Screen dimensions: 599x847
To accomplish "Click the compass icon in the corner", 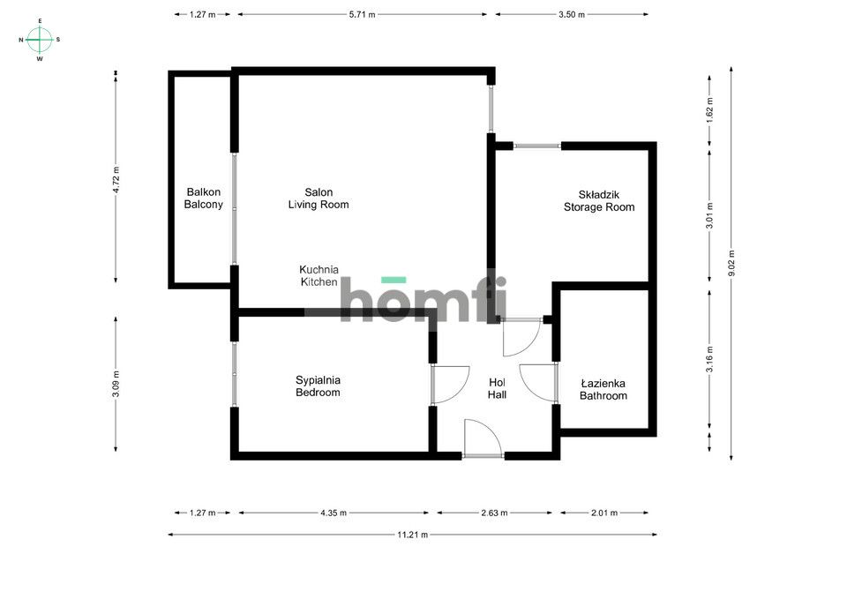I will [x=40, y=39].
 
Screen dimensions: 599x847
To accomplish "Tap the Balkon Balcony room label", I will [x=203, y=198].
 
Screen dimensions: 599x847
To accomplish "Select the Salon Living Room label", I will [x=318, y=198].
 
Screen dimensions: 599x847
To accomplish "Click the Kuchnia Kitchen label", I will [x=319, y=275].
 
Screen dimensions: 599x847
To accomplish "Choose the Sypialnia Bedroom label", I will [x=318, y=386].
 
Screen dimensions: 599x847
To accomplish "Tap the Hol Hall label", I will [x=497, y=389].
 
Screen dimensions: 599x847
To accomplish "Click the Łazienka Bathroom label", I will [x=603, y=390].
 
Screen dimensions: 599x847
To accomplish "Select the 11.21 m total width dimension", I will [x=412, y=535].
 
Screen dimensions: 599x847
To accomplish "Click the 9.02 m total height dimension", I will [x=731, y=264].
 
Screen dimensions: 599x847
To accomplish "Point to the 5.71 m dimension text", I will [x=362, y=15].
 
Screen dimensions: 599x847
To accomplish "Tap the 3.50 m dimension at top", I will [x=572, y=15].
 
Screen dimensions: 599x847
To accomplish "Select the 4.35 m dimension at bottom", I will [x=334, y=513].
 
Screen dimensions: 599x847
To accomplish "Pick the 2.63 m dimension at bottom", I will [x=493, y=513].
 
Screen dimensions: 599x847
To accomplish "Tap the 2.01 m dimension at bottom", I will [x=603, y=513].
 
